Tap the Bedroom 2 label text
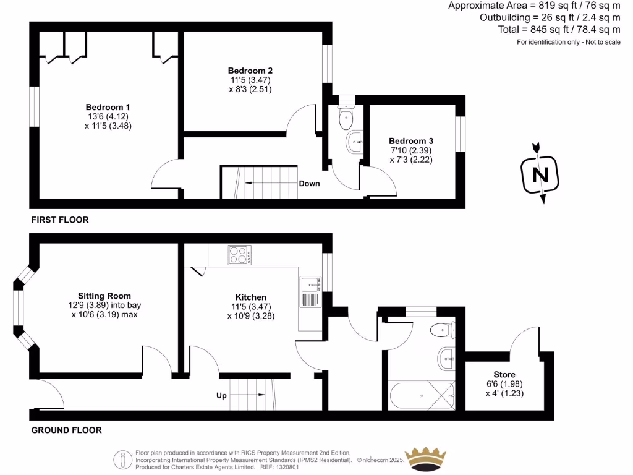(250, 71)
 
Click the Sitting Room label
(104, 296)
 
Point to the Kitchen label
(250, 297)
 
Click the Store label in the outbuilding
(504, 375)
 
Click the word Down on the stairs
(309, 184)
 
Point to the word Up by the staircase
(221, 395)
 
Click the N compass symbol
(540, 174)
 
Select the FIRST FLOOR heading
(59, 220)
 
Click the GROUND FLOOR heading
(66, 430)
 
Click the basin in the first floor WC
(355, 142)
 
